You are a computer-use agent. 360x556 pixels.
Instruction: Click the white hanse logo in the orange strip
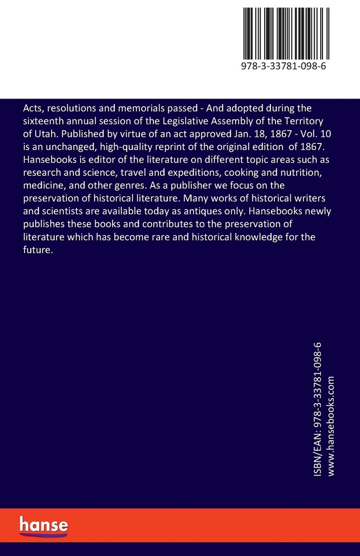(x=44, y=526)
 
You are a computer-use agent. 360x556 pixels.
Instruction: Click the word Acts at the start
(x=31, y=108)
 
